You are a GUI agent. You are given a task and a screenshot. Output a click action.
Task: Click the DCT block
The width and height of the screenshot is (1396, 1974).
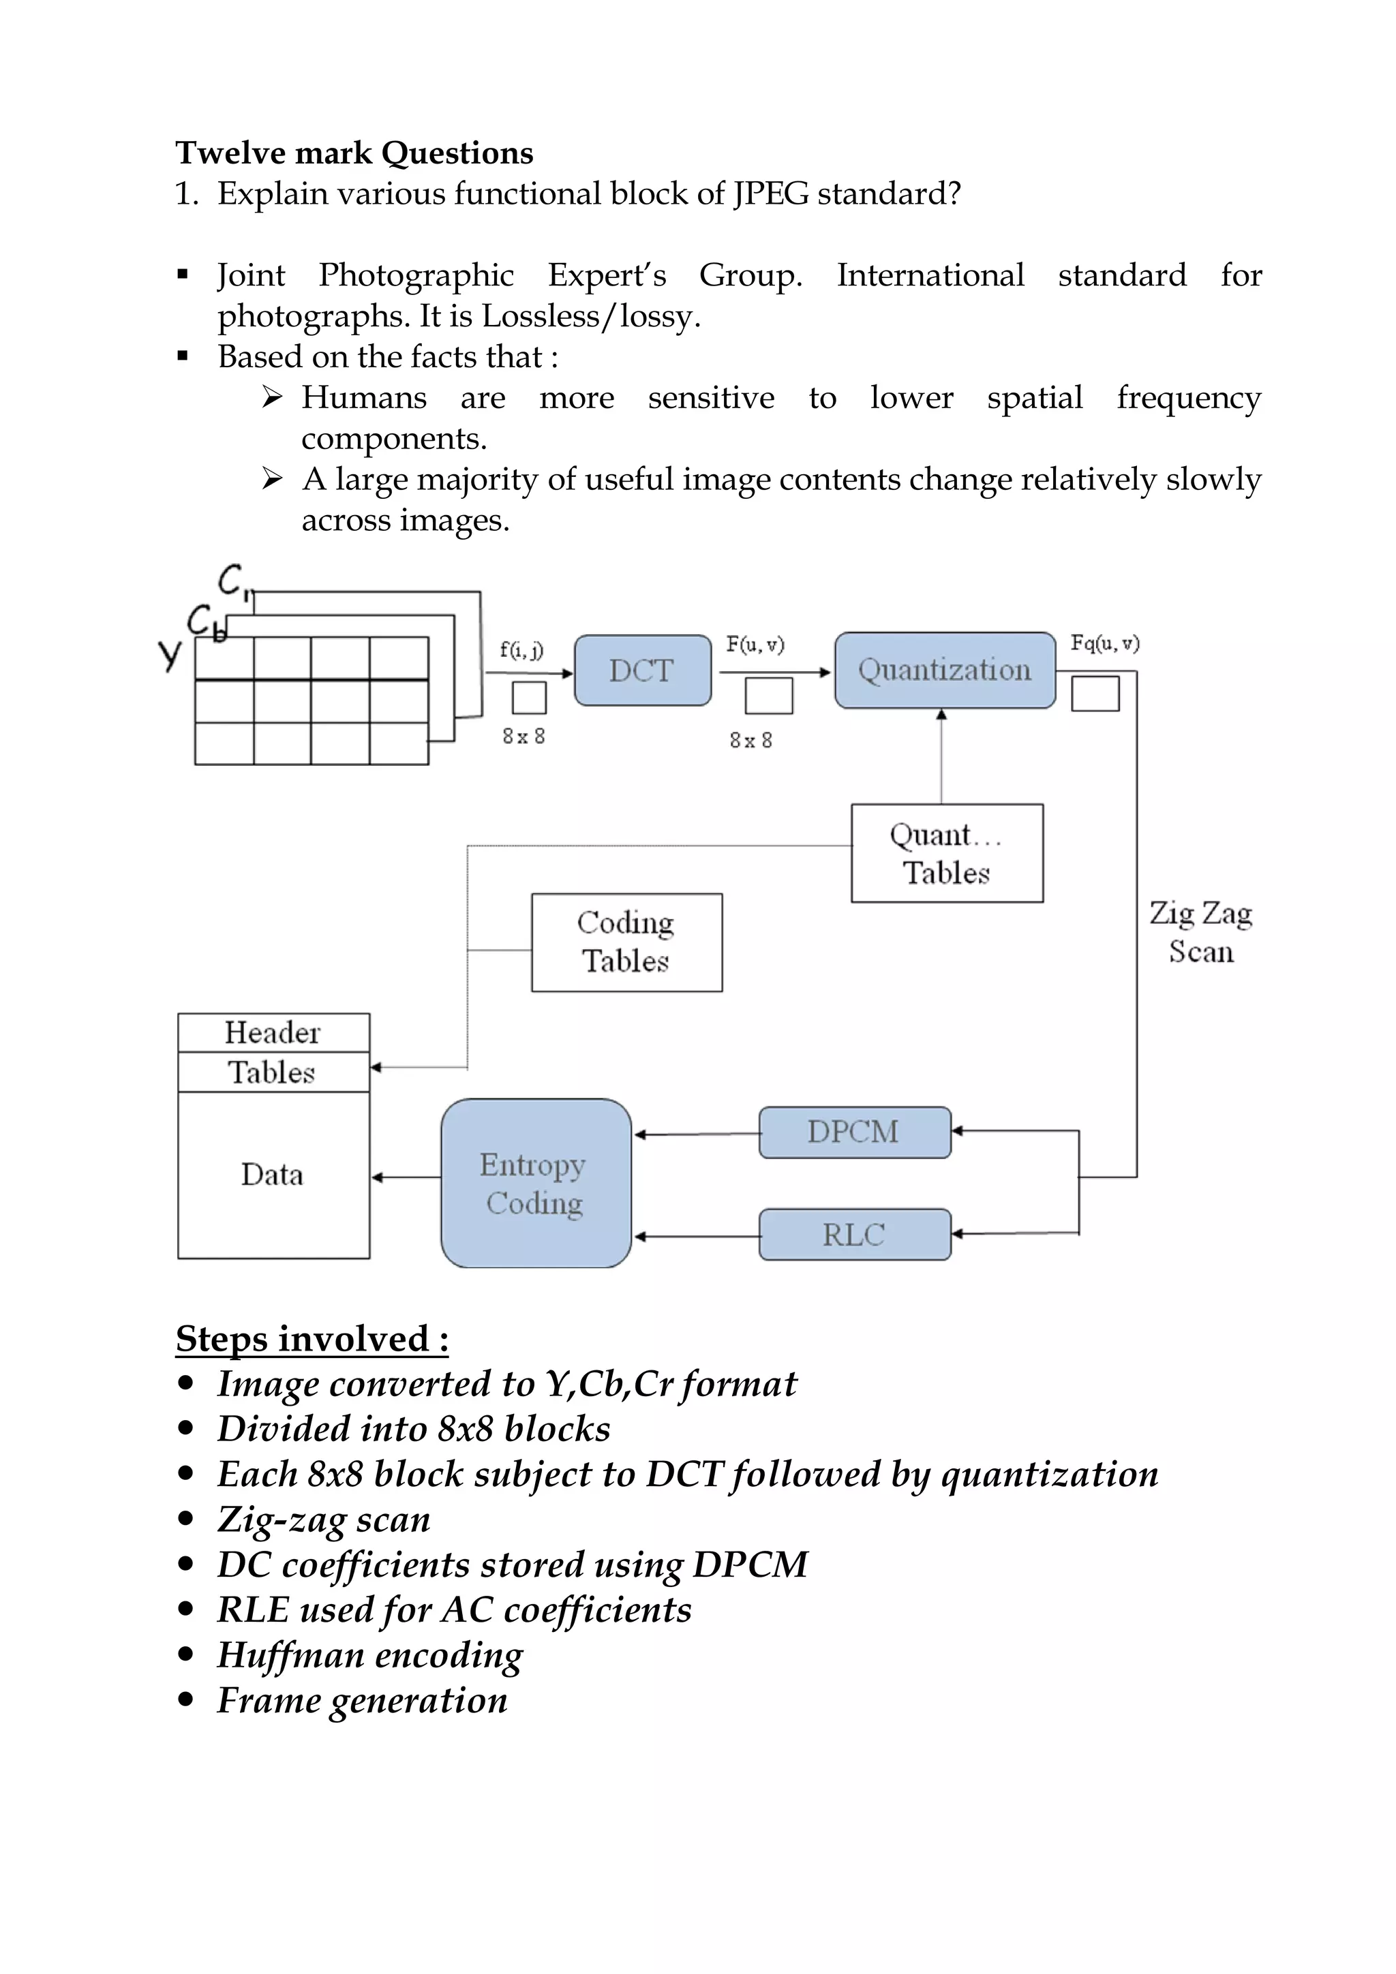point(643,670)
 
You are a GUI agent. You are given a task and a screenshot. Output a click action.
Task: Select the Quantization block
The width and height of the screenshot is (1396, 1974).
point(945,670)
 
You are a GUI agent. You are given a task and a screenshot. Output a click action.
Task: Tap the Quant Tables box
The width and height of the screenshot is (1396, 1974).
point(946,853)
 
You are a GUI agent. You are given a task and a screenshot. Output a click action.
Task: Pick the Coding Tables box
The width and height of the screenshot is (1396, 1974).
point(626,942)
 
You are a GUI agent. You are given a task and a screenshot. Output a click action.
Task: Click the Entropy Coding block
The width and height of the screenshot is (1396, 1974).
point(535,1183)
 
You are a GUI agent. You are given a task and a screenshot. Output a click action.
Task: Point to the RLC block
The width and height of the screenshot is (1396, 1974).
point(854,1235)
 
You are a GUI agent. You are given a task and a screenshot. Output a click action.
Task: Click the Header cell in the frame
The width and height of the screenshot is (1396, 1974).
point(273,1032)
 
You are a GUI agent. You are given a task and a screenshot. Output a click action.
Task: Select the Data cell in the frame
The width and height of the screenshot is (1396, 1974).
point(273,1175)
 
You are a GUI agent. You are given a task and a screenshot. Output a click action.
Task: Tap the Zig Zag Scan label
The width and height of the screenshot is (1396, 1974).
point(1201,932)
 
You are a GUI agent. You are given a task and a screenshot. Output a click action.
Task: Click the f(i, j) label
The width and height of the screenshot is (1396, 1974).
point(521,650)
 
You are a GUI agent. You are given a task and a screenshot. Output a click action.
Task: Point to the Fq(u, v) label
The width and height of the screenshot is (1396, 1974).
point(1104,643)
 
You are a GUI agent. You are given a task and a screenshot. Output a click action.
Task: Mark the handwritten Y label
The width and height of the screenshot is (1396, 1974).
point(170,655)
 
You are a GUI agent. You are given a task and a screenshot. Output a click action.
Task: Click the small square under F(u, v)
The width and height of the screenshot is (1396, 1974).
point(768,696)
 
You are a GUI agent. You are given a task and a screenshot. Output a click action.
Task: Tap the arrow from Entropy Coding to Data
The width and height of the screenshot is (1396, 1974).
point(406,1177)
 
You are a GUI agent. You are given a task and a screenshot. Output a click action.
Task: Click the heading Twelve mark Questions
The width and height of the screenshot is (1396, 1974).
point(354,153)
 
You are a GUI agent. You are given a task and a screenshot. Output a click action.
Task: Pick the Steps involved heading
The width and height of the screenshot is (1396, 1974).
point(312,1339)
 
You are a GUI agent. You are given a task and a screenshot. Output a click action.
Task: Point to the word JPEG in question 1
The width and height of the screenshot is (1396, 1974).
point(771,194)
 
